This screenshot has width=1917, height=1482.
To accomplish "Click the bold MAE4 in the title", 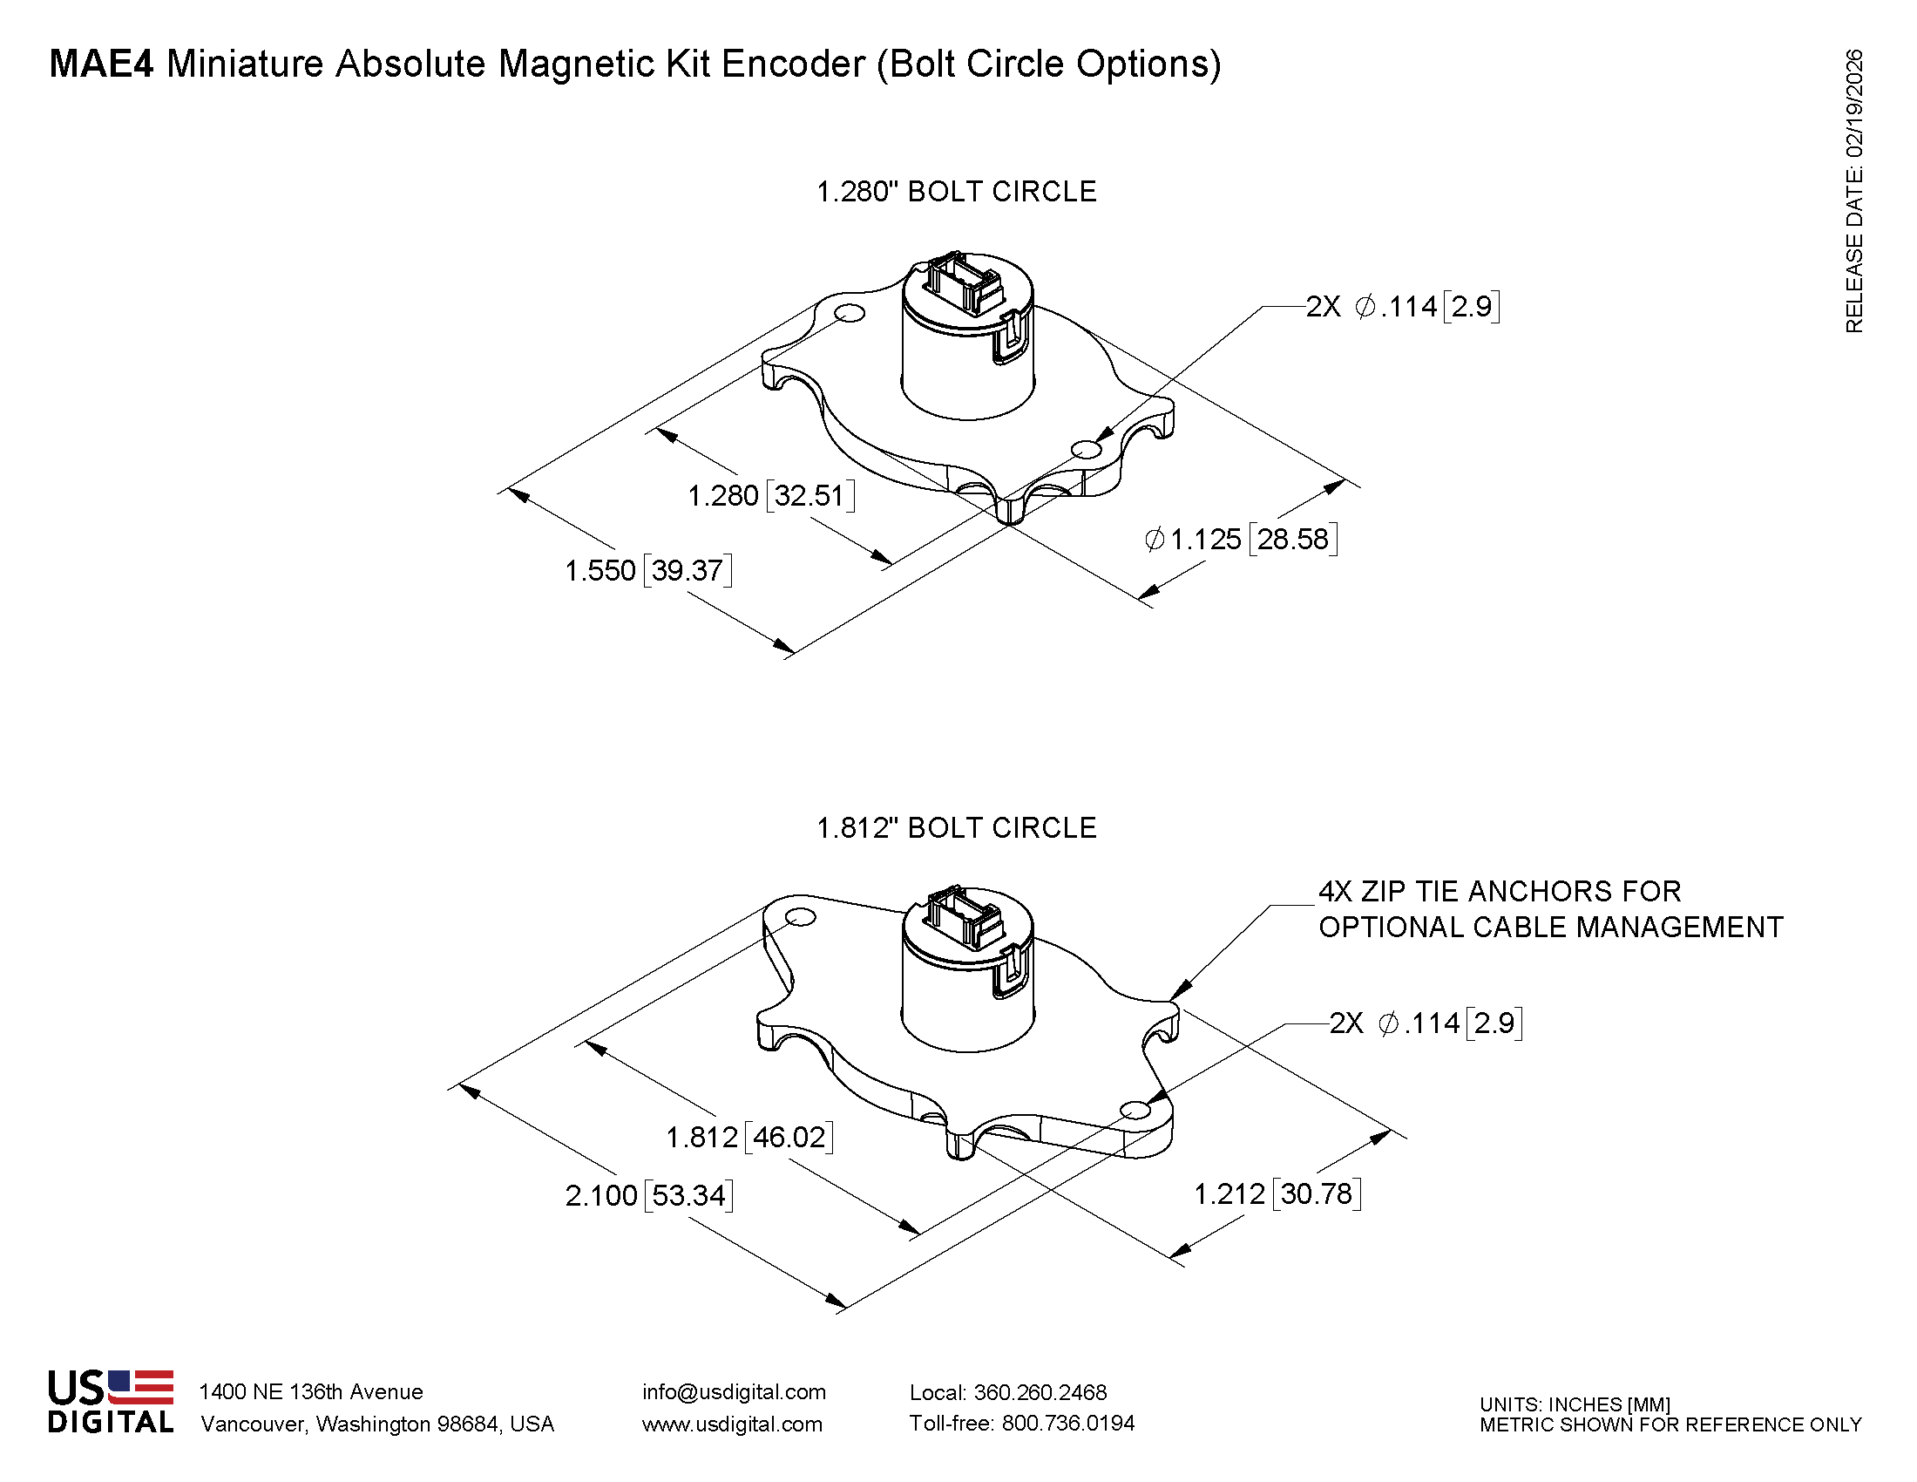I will (x=101, y=65).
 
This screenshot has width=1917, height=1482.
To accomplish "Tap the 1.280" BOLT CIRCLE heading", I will (x=956, y=192).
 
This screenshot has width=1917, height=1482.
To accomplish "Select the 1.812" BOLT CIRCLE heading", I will (x=956, y=827).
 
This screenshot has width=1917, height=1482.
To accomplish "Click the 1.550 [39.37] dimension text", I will (x=647, y=571).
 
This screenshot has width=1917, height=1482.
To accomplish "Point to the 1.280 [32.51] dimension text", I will (x=770, y=495).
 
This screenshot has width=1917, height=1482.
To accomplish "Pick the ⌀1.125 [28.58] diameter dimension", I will (x=1241, y=538).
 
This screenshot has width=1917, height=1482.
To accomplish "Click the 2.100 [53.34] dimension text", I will (x=648, y=1195).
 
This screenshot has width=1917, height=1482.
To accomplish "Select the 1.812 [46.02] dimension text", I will (x=749, y=1137).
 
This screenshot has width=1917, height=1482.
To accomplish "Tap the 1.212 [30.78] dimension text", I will (x=1277, y=1193).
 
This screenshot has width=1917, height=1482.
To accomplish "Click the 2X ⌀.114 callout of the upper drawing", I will (x=1403, y=306).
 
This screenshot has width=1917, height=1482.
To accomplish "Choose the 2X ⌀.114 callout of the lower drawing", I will (x=1426, y=1023).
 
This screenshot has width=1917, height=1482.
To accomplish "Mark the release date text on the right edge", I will (x=1853, y=191).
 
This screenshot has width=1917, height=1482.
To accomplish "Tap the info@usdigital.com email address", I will (x=734, y=1391).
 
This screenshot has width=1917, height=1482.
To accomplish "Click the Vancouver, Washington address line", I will (x=377, y=1424).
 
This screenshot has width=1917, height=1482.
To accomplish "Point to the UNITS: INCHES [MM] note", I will (x=1575, y=1404).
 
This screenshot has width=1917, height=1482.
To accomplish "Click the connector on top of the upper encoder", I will (x=963, y=281).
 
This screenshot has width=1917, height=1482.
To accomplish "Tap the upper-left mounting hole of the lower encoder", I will (x=800, y=917).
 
